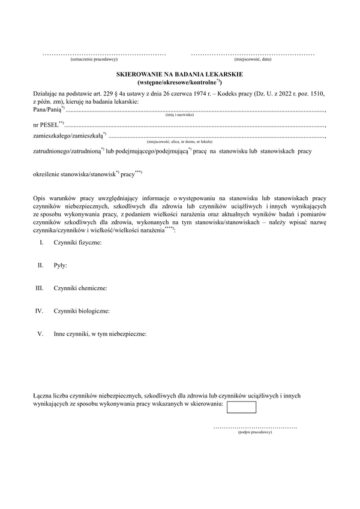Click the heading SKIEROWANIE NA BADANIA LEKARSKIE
(x=179, y=73)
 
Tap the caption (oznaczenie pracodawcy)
(x=94, y=59)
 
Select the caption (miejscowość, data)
(x=253, y=59)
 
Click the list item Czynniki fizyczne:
(x=77, y=242)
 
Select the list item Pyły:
(x=60, y=265)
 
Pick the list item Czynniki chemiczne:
(x=80, y=288)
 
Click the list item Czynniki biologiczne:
(x=82, y=311)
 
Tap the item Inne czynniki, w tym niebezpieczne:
(x=100, y=334)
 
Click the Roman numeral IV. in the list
(x=40, y=311)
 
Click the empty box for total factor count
(x=242, y=407)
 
